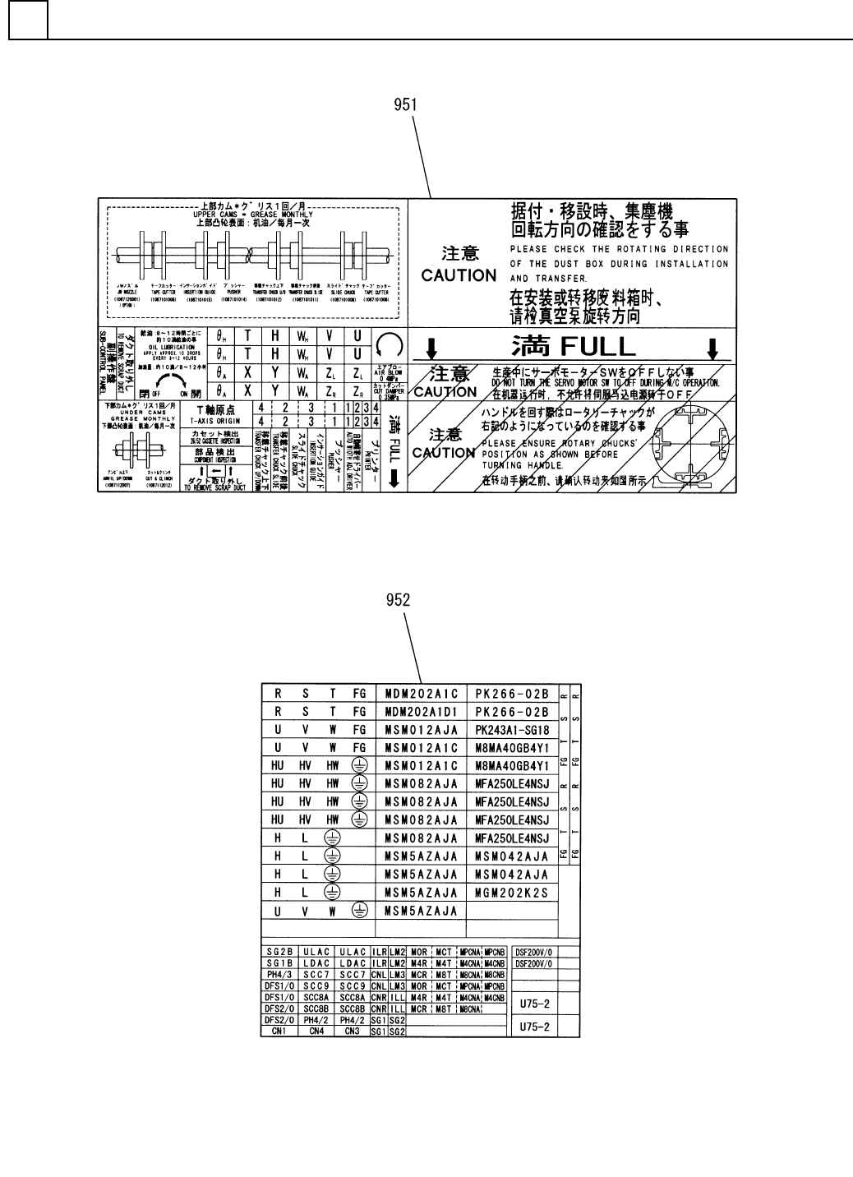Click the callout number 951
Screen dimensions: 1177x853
[x=405, y=104]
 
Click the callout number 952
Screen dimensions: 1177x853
[x=399, y=601]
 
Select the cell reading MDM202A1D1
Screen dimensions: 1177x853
[x=421, y=711]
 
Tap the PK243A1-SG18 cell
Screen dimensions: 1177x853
[x=511, y=729]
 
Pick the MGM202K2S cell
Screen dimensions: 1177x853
[x=511, y=892]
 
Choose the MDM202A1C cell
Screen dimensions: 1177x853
[x=421, y=693]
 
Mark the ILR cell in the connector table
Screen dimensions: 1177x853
[x=379, y=951]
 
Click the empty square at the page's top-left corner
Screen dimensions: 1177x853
[x=28, y=20]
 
